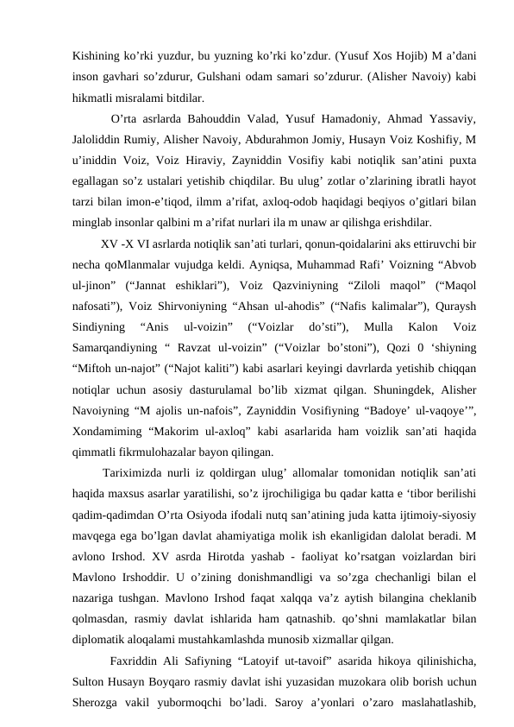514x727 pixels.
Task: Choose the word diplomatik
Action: click(x=103, y=640)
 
